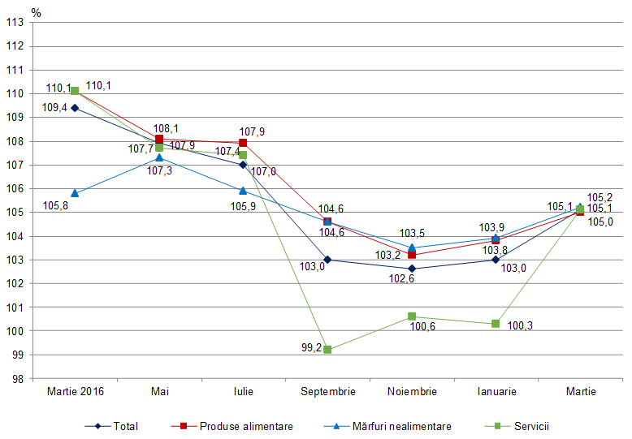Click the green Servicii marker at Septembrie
click(327, 350)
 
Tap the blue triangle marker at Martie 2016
click(75, 193)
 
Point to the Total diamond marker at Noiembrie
click(412, 269)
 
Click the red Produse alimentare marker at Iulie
click(243, 143)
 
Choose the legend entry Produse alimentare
click(236, 425)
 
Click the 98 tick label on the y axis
click(16, 379)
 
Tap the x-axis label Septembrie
click(327, 391)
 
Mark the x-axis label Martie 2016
click(75, 391)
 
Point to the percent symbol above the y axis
click(35, 11)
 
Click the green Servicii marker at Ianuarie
click(496, 324)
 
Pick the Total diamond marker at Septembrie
click(327, 260)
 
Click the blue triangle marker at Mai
click(159, 157)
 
